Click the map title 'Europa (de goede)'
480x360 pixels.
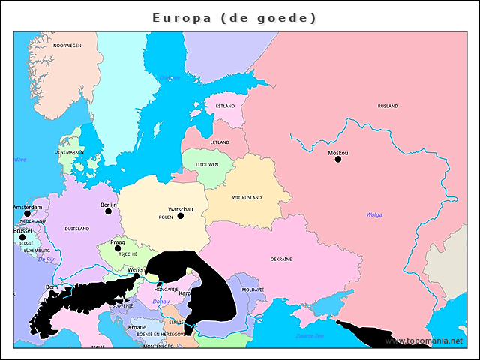pyautogui.click(x=234, y=17)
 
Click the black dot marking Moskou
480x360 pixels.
pyautogui.click(x=337, y=159)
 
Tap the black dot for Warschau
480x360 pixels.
pyautogui.click(x=180, y=216)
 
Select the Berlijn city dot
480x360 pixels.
pyautogui.click(x=108, y=211)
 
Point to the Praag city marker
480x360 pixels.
pyautogui.click(x=118, y=248)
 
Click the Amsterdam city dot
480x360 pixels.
pyautogui.click(x=28, y=214)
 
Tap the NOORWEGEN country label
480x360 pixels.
pyautogui.click(x=67, y=46)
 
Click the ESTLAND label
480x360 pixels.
pyautogui.click(x=225, y=106)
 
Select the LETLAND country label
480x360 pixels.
pyautogui.click(x=220, y=142)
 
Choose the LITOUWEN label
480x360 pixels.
pyautogui.click(x=207, y=164)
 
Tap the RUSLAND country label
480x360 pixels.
pyautogui.click(x=388, y=106)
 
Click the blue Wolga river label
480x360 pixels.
pyautogui.click(x=373, y=214)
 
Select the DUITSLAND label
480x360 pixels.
pyautogui.click(x=77, y=229)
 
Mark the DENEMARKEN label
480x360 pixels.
pyautogui.click(x=69, y=151)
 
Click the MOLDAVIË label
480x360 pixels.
pyautogui.click(x=253, y=289)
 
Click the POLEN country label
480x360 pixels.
pyautogui.click(x=166, y=217)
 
